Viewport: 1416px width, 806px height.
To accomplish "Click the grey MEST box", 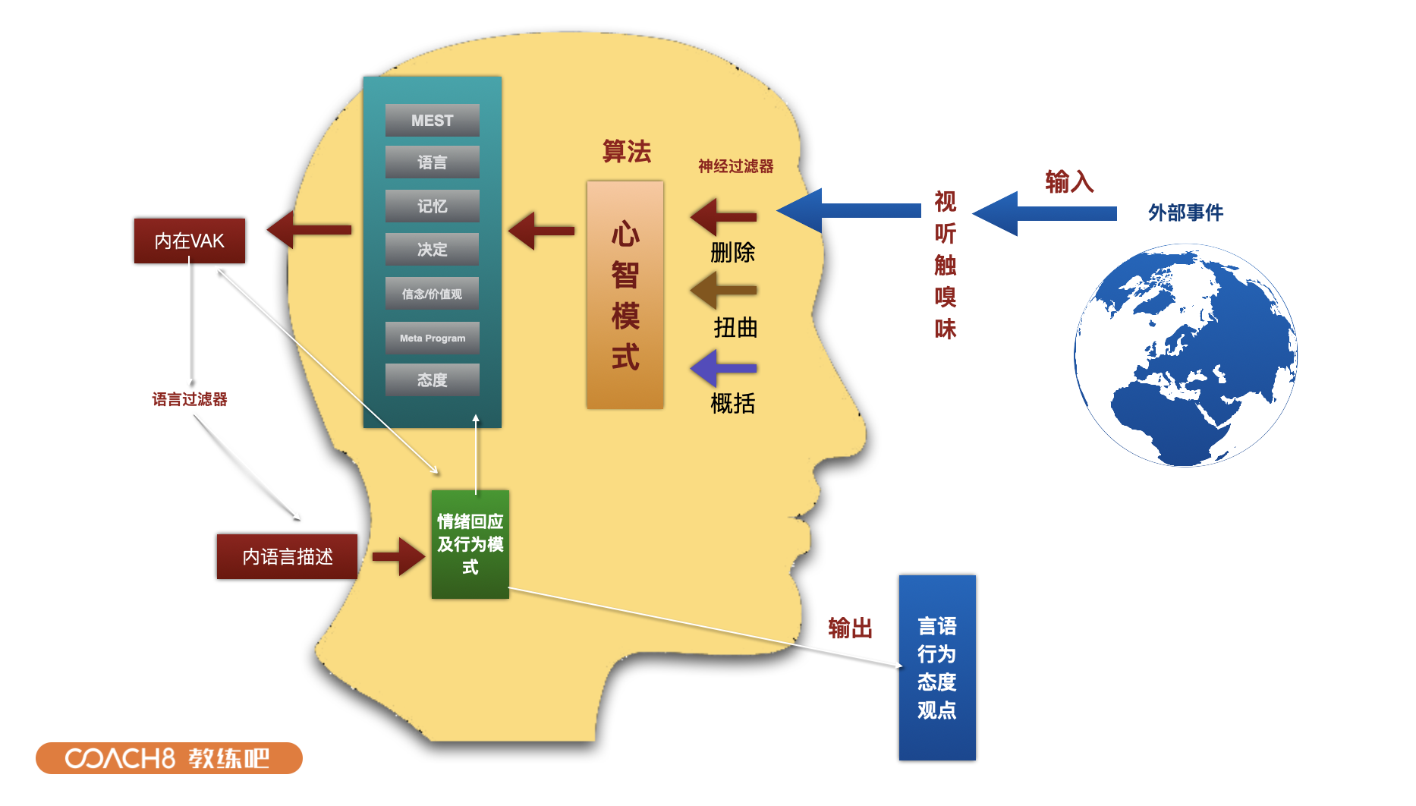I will (432, 120).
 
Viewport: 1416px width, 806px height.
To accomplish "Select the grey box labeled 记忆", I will (432, 206).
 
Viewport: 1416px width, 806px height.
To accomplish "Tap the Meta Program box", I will (432, 338).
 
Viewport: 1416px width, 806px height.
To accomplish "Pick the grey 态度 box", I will (432, 379).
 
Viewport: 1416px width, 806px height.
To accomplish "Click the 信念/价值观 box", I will (432, 294).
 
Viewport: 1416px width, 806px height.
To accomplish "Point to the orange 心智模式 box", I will (625, 294).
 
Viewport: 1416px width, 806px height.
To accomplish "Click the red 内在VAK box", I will (189, 241).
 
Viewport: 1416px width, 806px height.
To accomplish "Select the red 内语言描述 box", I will (287, 556).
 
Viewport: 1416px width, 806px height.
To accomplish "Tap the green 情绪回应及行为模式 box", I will (470, 544).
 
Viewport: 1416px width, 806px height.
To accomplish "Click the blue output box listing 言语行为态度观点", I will (936, 667).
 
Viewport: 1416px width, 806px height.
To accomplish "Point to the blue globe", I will (1185, 355).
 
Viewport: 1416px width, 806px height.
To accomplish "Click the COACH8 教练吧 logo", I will (168, 758).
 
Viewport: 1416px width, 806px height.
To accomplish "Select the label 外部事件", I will (1185, 213).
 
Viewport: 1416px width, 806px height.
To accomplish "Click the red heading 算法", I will (626, 152).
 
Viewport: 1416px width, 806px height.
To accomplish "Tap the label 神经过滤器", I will (735, 166).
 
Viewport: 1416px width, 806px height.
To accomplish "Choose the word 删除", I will (732, 253).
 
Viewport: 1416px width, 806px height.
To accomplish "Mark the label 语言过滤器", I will (189, 399).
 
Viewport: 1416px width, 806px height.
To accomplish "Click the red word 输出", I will (850, 628).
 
